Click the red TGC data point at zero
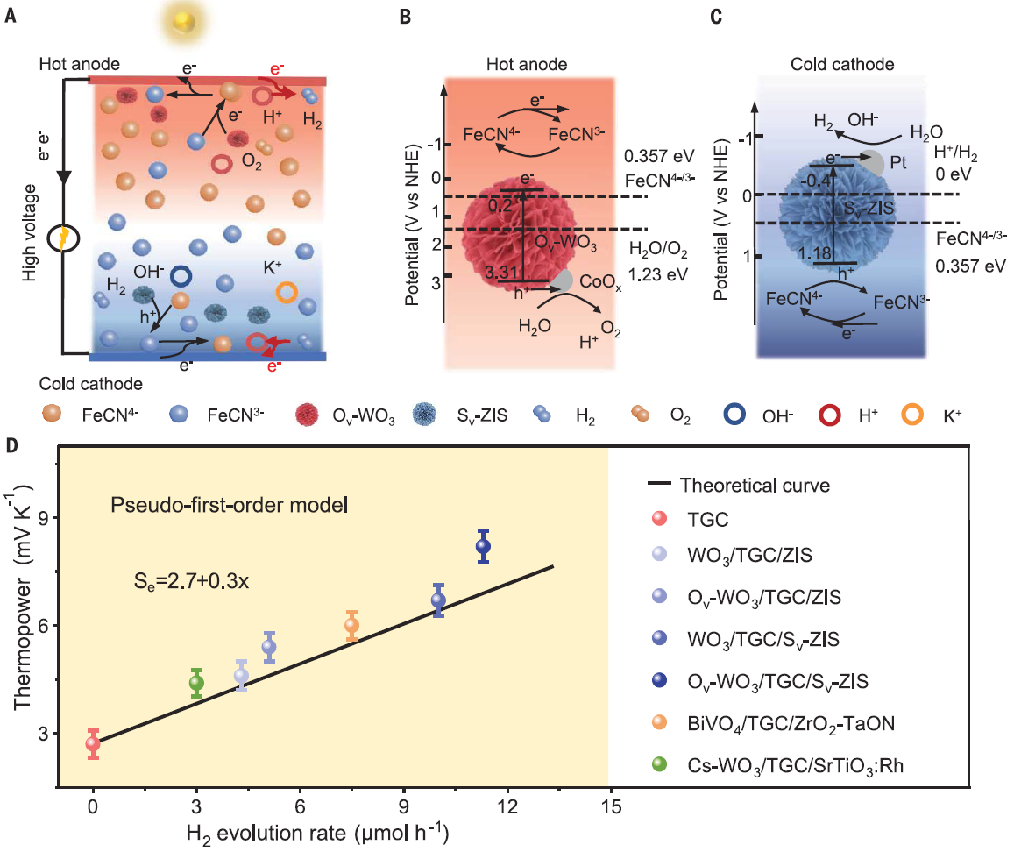tap(93, 744)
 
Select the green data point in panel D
tap(196, 683)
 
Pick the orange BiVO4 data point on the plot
tap(351, 626)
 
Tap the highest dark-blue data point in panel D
tap(483, 546)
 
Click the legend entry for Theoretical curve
tap(755, 485)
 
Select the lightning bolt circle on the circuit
tap(63, 238)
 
